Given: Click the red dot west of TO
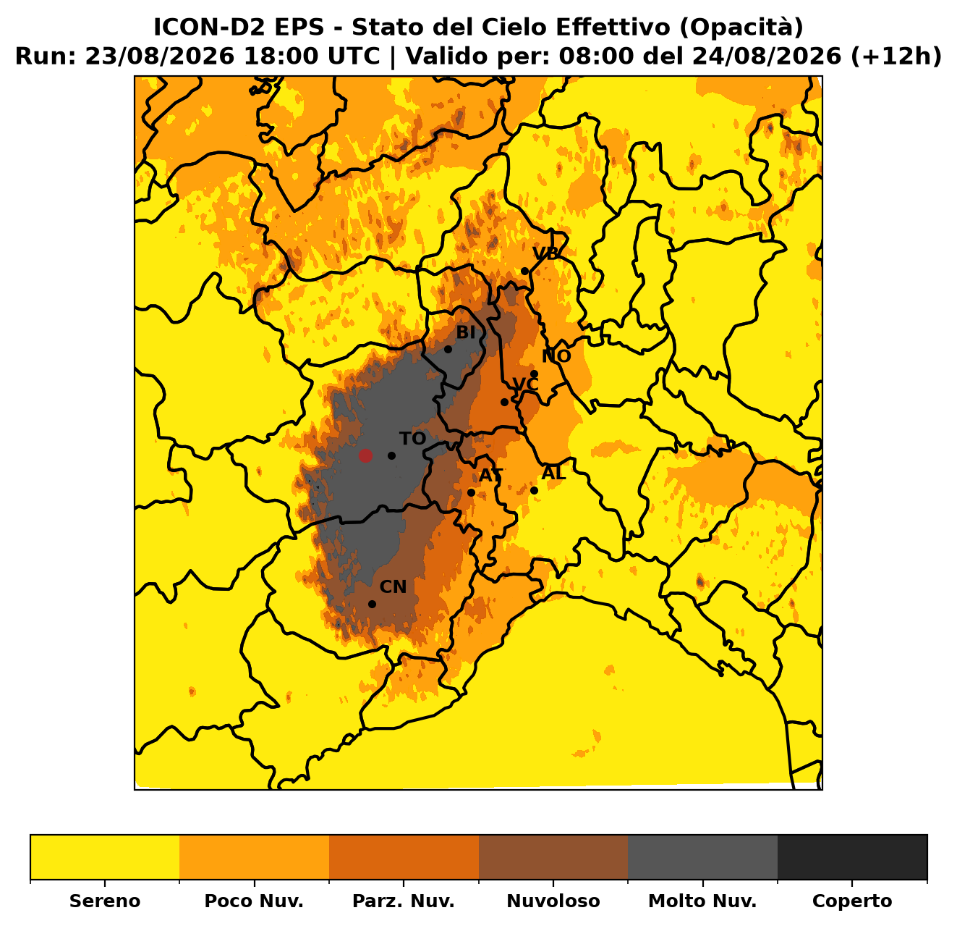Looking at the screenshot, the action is click(365, 455).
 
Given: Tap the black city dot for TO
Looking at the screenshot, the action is click(391, 455).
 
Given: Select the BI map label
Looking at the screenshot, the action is click(466, 333).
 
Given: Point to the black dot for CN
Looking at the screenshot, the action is click(372, 604).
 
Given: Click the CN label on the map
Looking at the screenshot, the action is click(393, 587).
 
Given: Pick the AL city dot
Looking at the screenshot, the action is click(534, 490).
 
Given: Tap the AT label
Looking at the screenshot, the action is click(491, 476).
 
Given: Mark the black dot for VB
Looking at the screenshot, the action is click(524, 271).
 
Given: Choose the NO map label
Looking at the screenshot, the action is click(556, 356).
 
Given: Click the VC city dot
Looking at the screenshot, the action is click(504, 403).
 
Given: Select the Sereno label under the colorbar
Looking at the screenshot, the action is click(105, 901).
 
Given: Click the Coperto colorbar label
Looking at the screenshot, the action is click(852, 901).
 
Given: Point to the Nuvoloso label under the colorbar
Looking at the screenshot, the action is click(553, 901).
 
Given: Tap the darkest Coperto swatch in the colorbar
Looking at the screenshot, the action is click(852, 857).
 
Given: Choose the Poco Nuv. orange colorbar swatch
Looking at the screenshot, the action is click(254, 857).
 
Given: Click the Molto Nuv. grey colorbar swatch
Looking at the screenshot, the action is click(703, 857).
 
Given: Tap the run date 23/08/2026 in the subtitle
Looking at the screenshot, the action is click(160, 56).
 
